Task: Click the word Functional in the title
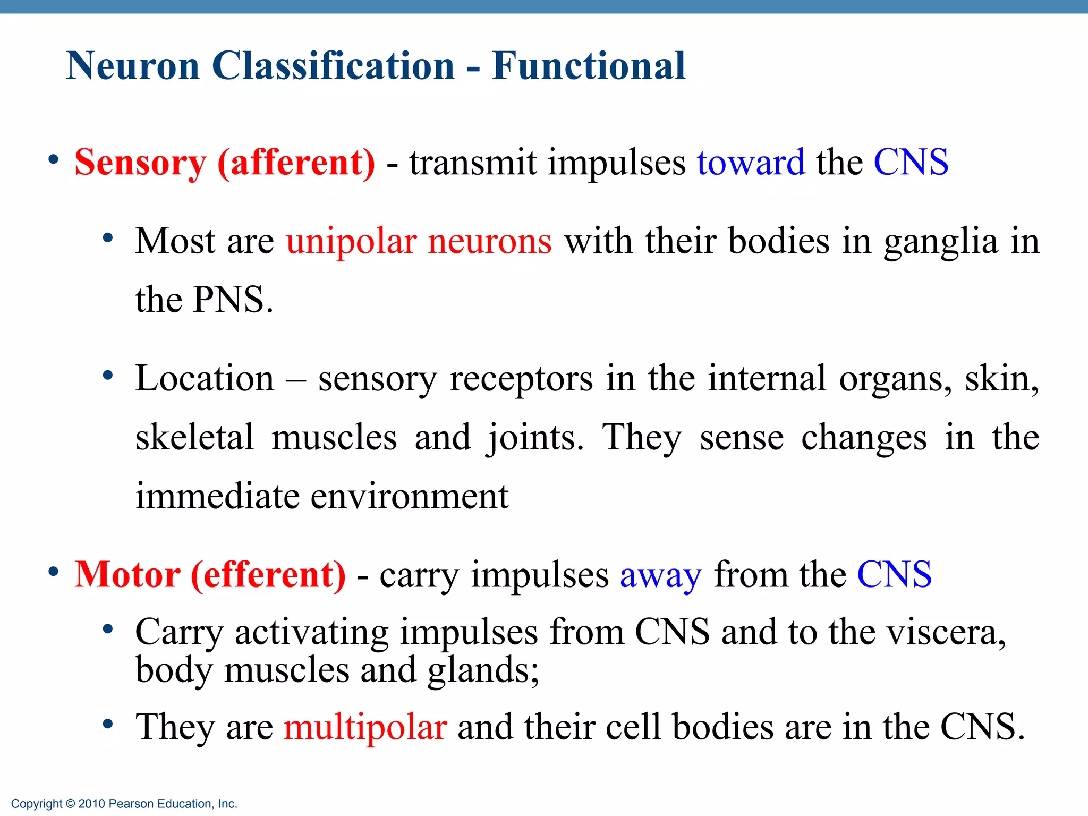click(588, 66)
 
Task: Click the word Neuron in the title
click(133, 66)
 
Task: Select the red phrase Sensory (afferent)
click(225, 162)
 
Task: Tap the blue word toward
click(751, 162)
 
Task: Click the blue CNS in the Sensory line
click(911, 162)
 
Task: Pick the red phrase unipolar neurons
click(419, 241)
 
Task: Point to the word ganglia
click(940, 242)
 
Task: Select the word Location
click(205, 378)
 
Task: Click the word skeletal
click(194, 437)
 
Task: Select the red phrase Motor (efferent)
click(210, 575)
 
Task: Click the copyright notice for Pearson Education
click(124, 804)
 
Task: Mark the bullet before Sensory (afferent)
click(53, 159)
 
